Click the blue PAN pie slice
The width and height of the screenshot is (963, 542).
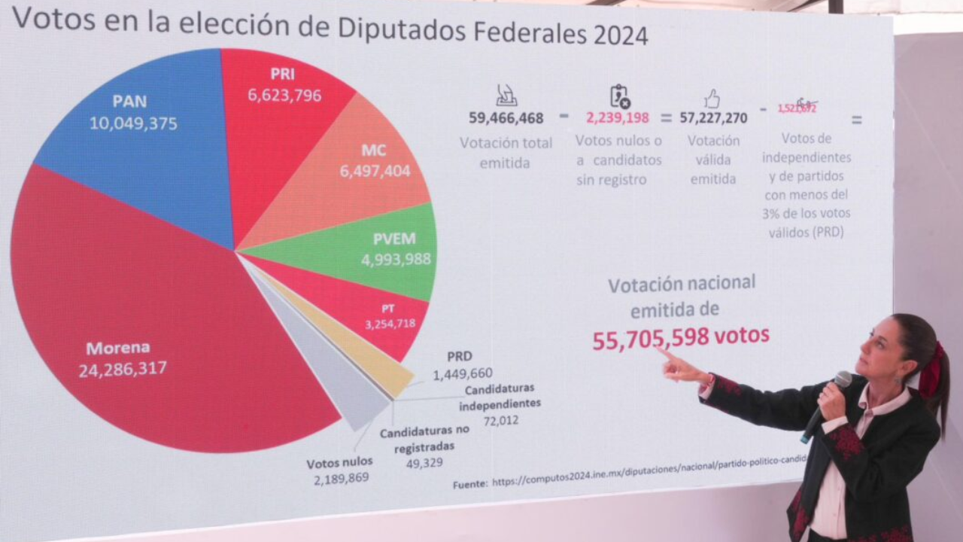(150, 151)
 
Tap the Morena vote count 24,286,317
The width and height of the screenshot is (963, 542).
(123, 369)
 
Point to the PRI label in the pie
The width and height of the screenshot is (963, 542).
(282, 75)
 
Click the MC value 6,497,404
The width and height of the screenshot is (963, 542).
(375, 172)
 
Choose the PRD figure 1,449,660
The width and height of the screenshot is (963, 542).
(463, 373)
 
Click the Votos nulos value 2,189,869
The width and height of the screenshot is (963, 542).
(342, 479)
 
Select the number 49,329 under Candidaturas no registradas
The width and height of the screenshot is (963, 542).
(425, 464)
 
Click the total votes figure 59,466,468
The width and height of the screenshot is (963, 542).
(506, 118)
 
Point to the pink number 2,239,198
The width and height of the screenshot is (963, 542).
(618, 118)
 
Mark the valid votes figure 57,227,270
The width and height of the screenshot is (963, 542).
(713, 118)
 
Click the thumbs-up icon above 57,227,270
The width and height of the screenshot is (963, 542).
(712, 99)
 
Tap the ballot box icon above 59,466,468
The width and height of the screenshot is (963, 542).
(506, 96)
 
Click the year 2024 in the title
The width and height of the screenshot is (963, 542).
(620, 35)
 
